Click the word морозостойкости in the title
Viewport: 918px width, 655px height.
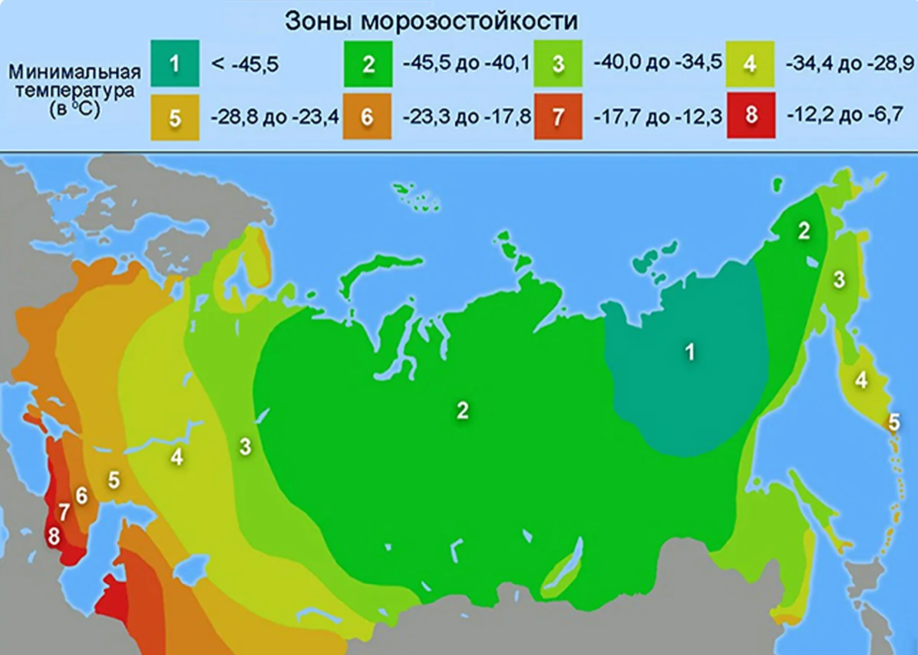point(470,21)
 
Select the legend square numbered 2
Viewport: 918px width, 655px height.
point(368,63)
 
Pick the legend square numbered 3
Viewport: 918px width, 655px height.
point(559,63)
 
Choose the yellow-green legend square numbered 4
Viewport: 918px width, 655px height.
point(751,63)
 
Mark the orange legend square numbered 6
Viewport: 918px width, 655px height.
point(368,117)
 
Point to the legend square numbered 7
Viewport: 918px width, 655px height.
point(559,117)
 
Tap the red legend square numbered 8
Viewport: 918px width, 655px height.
point(751,117)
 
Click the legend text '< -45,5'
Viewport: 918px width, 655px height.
point(245,65)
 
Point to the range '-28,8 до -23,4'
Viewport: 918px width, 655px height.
point(274,117)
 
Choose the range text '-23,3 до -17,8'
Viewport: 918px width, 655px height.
point(466,117)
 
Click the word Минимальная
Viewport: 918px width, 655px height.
point(75,72)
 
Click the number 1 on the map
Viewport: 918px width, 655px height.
point(690,352)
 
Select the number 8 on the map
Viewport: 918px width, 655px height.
point(54,536)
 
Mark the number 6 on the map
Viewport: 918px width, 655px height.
point(81,496)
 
